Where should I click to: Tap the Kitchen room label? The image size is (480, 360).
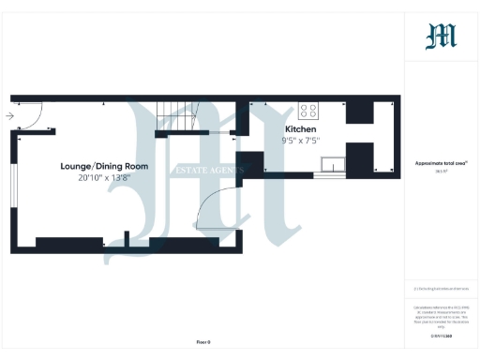click(x=301, y=128)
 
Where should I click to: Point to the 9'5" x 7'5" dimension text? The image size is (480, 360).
click(x=301, y=141)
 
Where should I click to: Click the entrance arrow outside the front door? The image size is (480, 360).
click(x=8, y=116)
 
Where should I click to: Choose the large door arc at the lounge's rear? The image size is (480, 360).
click(x=221, y=206)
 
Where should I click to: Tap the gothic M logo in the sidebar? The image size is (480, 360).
click(x=442, y=37)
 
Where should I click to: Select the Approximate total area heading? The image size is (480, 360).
click(x=441, y=163)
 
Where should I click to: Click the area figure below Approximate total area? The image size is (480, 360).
click(x=441, y=172)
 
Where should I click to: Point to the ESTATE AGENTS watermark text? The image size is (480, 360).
click(x=206, y=171)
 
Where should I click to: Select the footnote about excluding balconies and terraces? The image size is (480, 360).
click(x=441, y=289)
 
